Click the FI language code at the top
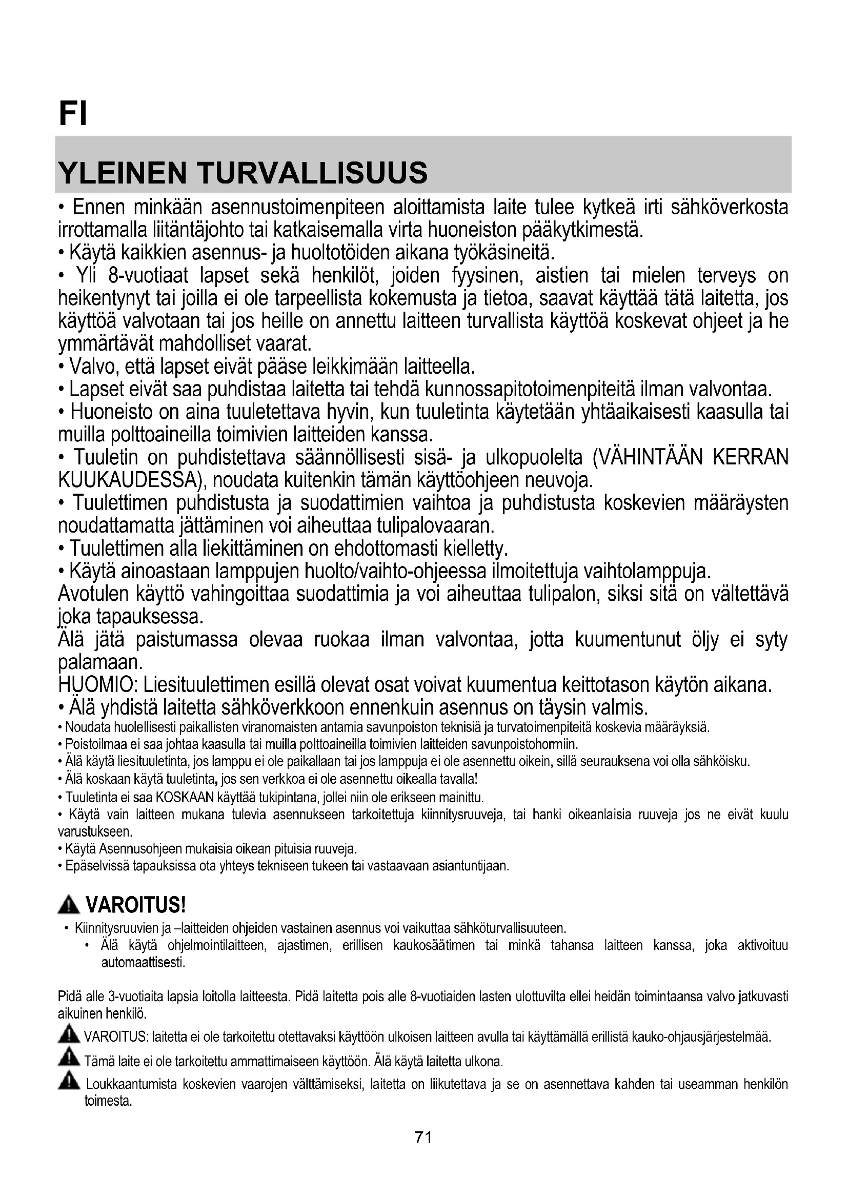click(73, 113)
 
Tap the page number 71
click(423, 1137)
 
